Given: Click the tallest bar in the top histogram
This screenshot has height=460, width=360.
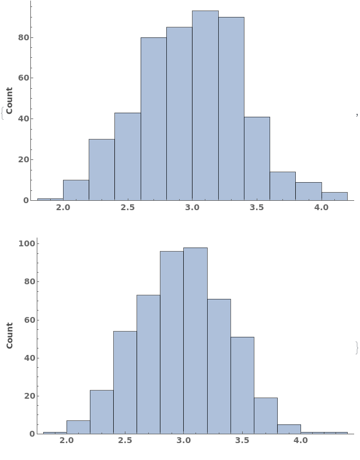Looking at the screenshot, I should [205, 105].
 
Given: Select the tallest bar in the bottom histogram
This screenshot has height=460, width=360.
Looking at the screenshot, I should [195, 340].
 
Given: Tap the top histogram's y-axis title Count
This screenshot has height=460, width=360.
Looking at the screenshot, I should [9, 100].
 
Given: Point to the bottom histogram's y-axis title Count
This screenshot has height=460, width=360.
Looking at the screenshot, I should [9, 336].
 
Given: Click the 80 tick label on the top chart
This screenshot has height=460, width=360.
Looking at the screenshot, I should [23, 37].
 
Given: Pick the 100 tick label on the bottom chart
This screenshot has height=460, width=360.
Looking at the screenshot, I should [26, 243].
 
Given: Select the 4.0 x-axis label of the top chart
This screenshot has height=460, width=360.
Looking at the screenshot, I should [321, 208].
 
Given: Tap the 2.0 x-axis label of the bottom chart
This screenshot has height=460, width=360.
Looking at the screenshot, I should [67, 441].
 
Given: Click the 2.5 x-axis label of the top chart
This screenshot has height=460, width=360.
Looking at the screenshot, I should [128, 208].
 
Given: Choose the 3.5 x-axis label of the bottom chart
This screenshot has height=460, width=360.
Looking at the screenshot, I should [242, 441].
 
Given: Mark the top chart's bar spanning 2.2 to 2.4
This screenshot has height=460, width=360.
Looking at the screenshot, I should [102, 169].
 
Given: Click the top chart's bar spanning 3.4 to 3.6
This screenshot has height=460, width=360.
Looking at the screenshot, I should [257, 158].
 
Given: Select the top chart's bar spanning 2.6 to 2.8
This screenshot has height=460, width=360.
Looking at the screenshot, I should [153, 119].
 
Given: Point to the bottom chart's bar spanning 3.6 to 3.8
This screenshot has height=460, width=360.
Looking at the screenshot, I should [265, 416].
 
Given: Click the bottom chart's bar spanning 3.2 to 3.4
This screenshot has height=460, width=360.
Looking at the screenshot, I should [219, 366].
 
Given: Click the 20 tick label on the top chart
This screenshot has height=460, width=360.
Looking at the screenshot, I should [23, 159].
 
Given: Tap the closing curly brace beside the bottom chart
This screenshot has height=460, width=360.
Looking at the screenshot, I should [356, 347].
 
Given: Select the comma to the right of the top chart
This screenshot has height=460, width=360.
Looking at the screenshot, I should [356, 115].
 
